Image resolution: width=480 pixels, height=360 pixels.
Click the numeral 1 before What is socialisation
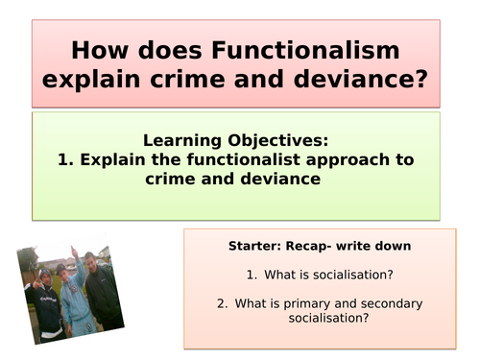(x=248, y=275)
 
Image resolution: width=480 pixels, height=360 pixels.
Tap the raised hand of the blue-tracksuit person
(x=57, y=270)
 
